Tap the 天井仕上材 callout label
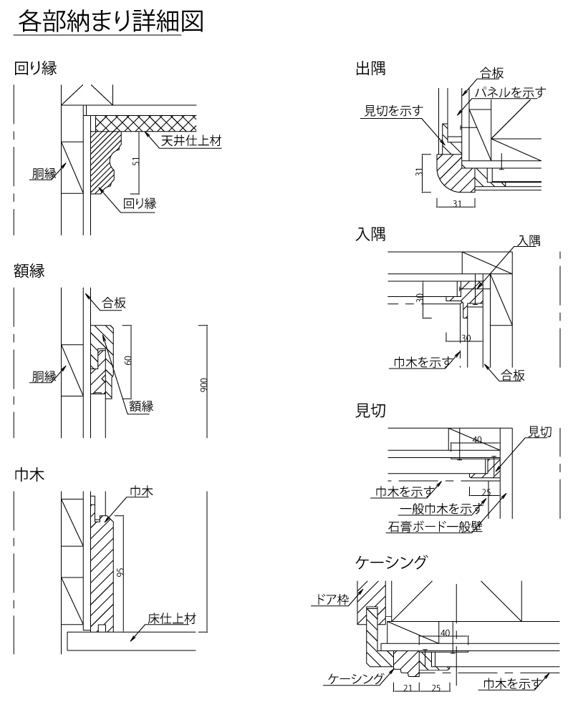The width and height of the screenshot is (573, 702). [191, 141]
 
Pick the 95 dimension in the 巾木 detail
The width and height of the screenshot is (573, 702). [120, 572]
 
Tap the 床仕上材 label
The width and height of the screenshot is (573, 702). [172, 618]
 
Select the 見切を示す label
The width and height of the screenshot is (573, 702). [393, 109]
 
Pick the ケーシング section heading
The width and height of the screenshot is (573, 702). [392, 562]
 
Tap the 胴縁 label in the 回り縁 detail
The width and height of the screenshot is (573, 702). [44, 175]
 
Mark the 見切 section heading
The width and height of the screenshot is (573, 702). [371, 410]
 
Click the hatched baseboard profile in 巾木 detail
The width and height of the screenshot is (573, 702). [102, 572]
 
